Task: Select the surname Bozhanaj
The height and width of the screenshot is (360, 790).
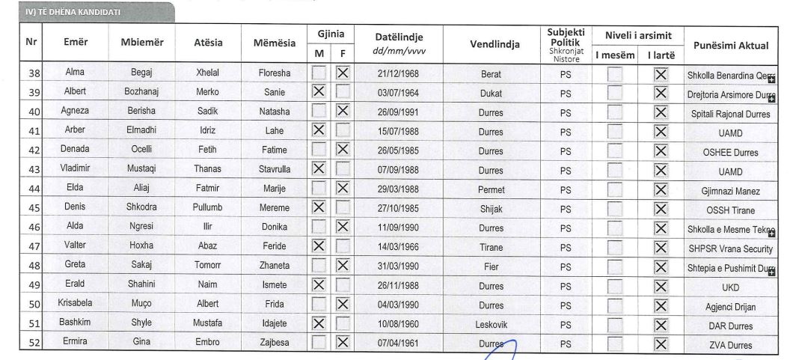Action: [141, 92]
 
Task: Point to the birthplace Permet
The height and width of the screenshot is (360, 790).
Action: [491, 190]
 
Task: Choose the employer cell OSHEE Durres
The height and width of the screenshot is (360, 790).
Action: [730, 152]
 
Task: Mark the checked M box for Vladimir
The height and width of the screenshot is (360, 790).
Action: [319, 169]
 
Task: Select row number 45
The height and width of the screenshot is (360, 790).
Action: [32, 209]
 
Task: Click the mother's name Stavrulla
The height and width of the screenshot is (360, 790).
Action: [274, 170]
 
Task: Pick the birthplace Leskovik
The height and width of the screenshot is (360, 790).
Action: [491, 326]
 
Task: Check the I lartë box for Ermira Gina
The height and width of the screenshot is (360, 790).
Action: [660, 344]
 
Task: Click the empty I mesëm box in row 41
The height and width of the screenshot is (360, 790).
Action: [615, 132]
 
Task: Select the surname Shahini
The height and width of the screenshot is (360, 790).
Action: [141, 286]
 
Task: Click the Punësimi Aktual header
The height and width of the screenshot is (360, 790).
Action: [730, 46]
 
